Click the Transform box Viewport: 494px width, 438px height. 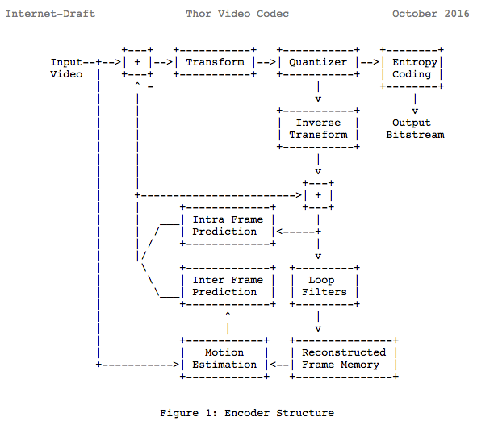click(x=215, y=62)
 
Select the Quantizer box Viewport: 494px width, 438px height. click(x=318, y=62)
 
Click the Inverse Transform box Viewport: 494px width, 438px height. click(x=318, y=128)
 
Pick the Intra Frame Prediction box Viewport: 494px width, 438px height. click(x=227, y=225)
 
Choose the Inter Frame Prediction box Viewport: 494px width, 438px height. click(x=227, y=286)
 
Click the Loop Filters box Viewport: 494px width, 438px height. click(x=324, y=286)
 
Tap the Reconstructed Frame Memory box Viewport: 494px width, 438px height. click(x=343, y=358)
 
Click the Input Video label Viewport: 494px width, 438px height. click(x=66, y=68)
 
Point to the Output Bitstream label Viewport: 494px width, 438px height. click(x=415, y=128)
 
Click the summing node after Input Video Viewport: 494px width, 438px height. click(x=137, y=62)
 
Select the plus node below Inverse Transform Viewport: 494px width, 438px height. click(x=318, y=195)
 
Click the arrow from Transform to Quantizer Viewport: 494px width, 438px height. click(x=266, y=62)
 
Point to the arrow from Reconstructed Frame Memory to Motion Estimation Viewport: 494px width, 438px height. click(x=279, y=365)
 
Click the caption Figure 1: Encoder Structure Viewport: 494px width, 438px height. click(x=246, y=413)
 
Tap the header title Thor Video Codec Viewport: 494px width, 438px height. click(x=237, y=14)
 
